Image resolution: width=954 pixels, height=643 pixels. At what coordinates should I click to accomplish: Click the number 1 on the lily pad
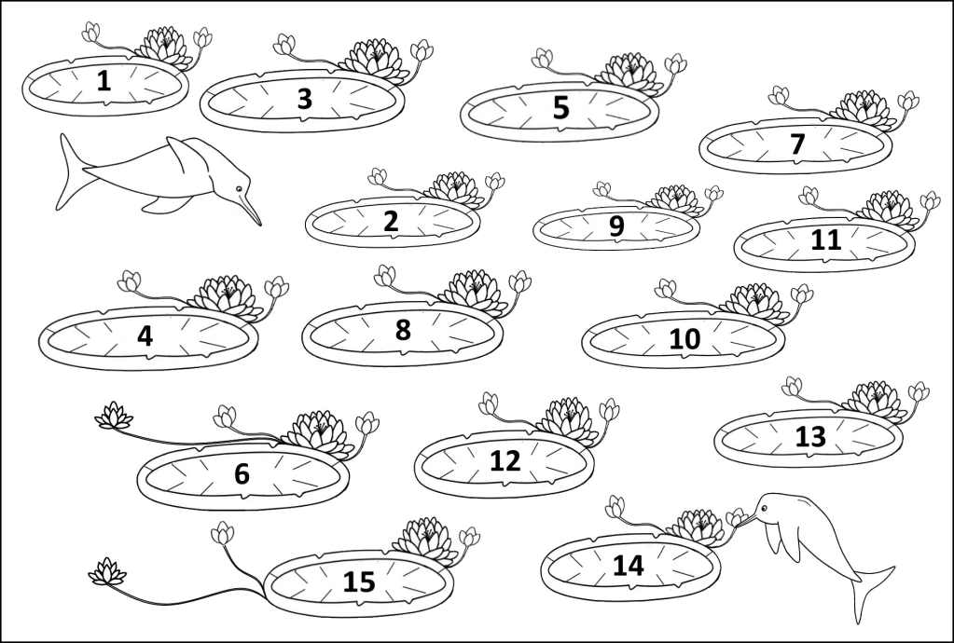104,81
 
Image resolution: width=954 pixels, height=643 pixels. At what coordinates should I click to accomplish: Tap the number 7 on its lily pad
797,144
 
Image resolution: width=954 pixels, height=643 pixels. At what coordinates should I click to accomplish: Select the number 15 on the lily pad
359,581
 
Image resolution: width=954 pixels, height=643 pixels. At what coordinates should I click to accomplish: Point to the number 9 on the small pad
616,226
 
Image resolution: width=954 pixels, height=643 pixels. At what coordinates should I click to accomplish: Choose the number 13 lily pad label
810,436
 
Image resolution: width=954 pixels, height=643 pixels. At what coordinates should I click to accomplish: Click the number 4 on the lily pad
145,336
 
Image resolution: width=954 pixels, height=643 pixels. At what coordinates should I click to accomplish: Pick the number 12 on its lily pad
505,461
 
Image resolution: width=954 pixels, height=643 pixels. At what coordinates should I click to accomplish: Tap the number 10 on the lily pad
684,339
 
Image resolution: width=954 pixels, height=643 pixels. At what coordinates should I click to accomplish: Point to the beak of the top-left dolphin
249,209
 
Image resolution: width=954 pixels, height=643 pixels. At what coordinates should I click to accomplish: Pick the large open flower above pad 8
475,292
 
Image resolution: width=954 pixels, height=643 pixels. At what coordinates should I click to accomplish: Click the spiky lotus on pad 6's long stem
114,416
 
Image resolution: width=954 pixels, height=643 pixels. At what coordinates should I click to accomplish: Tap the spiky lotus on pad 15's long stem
107,572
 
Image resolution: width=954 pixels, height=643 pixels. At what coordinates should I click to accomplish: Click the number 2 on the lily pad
391,221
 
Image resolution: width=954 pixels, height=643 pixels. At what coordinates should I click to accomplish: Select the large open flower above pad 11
890,210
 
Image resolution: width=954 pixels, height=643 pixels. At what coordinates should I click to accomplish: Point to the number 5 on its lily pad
560,107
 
